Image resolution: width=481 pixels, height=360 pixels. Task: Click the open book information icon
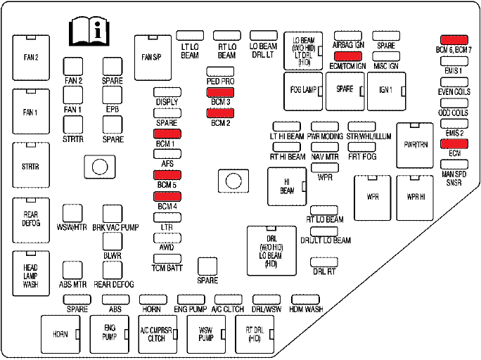[x=89, y=31]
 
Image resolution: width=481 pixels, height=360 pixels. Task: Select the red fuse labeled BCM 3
[x=219, y=92]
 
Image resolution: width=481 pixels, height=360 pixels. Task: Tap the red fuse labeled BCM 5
[x=167, y=174]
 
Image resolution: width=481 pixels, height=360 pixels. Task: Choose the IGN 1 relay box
[x=385, y=91]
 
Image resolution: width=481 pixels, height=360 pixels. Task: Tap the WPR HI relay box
[x=416, y=197]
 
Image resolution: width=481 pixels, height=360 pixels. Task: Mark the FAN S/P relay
[x=151, y=56]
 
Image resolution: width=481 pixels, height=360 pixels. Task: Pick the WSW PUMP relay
[x=206, y=334]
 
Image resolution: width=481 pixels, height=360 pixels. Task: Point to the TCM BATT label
[x=167, y=269]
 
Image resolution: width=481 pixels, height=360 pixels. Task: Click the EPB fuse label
[x=113, y=110]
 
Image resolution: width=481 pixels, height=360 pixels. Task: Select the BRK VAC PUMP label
[x=113, y=228]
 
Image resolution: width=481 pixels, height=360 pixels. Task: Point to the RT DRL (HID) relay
[x=254, y=334]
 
